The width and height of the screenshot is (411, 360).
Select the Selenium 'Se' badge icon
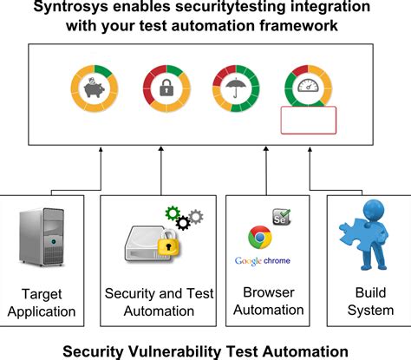coord(282,215)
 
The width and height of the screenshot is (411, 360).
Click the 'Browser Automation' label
coord(263,301)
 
